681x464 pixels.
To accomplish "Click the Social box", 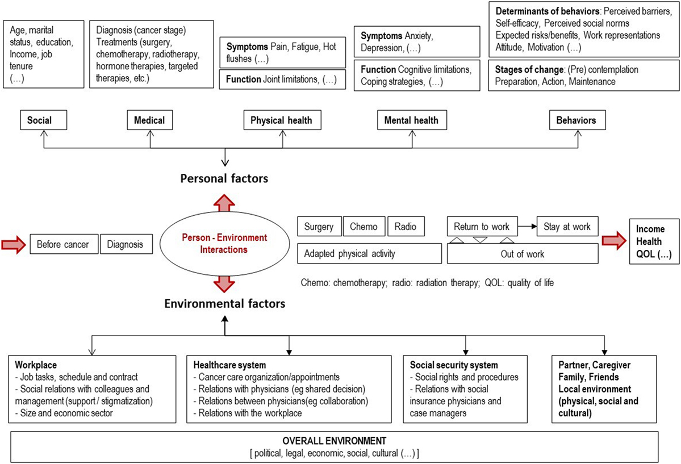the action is tap(43, 120).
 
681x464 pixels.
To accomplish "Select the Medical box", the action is tap(150, 120).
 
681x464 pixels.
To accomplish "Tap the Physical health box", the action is tap(282, 120).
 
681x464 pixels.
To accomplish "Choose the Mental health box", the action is tap(412, 120).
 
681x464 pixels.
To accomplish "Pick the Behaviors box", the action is tap(578, 120).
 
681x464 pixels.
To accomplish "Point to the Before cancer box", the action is tap(64, 244).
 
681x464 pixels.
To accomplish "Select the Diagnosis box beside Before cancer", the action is tap(127, 244).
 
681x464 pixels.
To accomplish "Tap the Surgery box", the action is tap(319, 227).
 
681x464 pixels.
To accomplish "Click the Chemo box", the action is tap(364, 227).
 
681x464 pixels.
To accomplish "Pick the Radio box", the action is tap(406, 227).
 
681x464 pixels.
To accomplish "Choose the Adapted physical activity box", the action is tap(370, 253).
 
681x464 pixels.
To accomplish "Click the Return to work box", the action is tap(482, 227).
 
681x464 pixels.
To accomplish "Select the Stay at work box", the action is tap(567, 227).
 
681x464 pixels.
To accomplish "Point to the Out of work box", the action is tap(523, 254).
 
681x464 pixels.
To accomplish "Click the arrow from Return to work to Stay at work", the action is tap(527, 227).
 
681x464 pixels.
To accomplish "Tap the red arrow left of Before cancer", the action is tap(14, 245).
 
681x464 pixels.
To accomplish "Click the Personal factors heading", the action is tap(224, 178).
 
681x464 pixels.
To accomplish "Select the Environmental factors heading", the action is tap(224, 303).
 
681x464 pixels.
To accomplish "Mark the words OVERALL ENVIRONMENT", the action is tap(335, 441).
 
